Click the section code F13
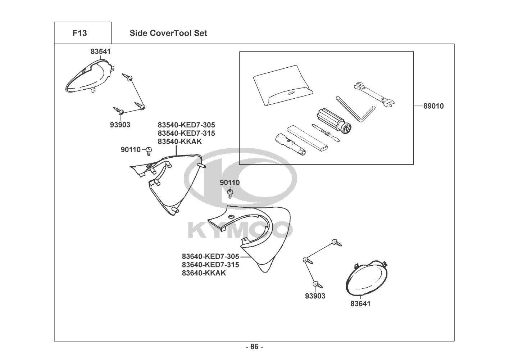pyautogui.click(x=79, y=33)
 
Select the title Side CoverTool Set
pyautogui.click(x=168, y=33)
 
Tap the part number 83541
pyautogui.click(x=100, y=51)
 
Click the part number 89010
pyautogui.click(x=433, y=106)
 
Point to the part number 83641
pyautogui.click(x=360, y=303)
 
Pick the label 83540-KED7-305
pyautogui.click(x=186, y=125)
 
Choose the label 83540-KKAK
pyautogui.click(x=180, y=141)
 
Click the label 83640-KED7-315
pyautogui.click(x=210, y=265)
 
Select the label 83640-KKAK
pyautogui.click(x=204, y=273)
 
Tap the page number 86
pyautogui.click(x=255, y=347)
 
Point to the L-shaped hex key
pyautogui.click(x=355, y=109)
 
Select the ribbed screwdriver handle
pyautogui.click(x=334, y=122)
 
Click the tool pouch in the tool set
pyautogui.click(x=283, y=86)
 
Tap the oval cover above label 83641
pyautogui.click(x=366, y=278)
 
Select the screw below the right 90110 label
pyautogui.click(x=230, y=194)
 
